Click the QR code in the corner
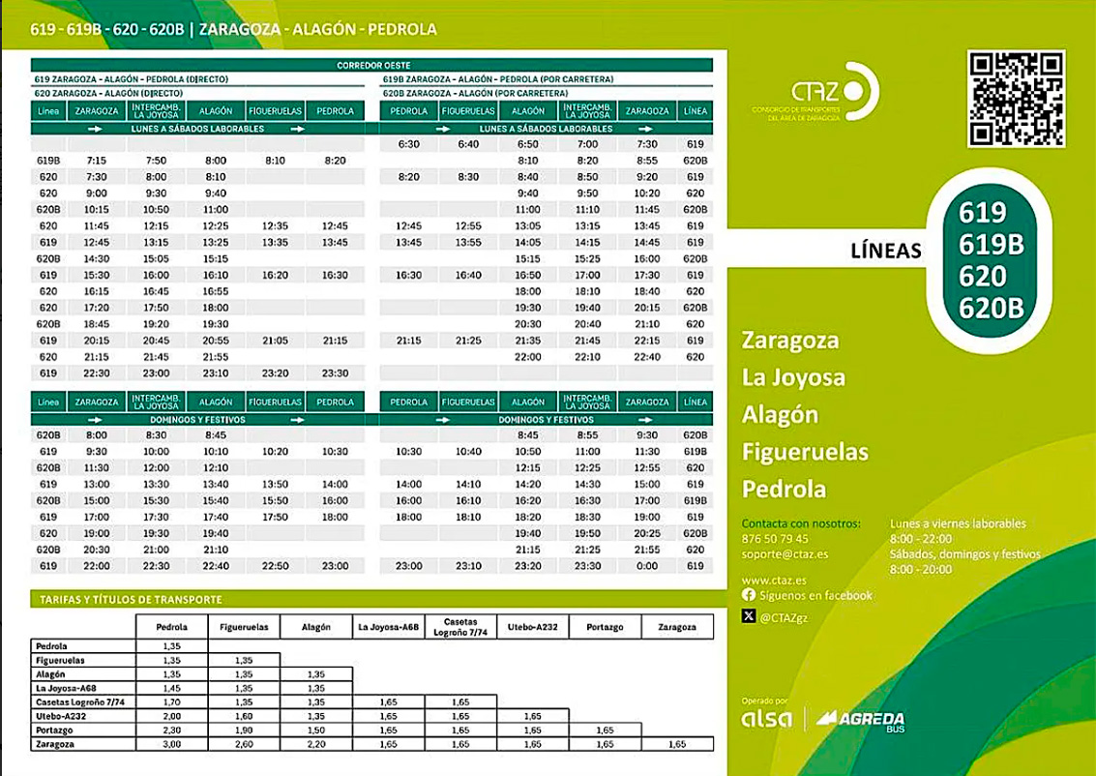point(1017,98)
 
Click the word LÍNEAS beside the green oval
point(886,251)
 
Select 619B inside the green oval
point(991,246)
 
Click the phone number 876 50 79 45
point(775,539)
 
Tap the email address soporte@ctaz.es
point(785,554)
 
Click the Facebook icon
point(748,595)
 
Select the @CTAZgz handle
point(790,615)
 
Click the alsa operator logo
point(766,719)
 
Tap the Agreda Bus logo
point(860,719)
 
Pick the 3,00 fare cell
point(171,744)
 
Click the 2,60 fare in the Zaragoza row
point(244,744)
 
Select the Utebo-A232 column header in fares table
point(532,627)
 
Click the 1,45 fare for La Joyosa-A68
point(171,688)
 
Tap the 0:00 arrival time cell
point(647,566)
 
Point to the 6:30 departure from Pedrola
point(408,144)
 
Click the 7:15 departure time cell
point(96,161)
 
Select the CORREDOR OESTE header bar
point(371,66)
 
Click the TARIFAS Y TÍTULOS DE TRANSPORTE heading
point(132,600)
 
